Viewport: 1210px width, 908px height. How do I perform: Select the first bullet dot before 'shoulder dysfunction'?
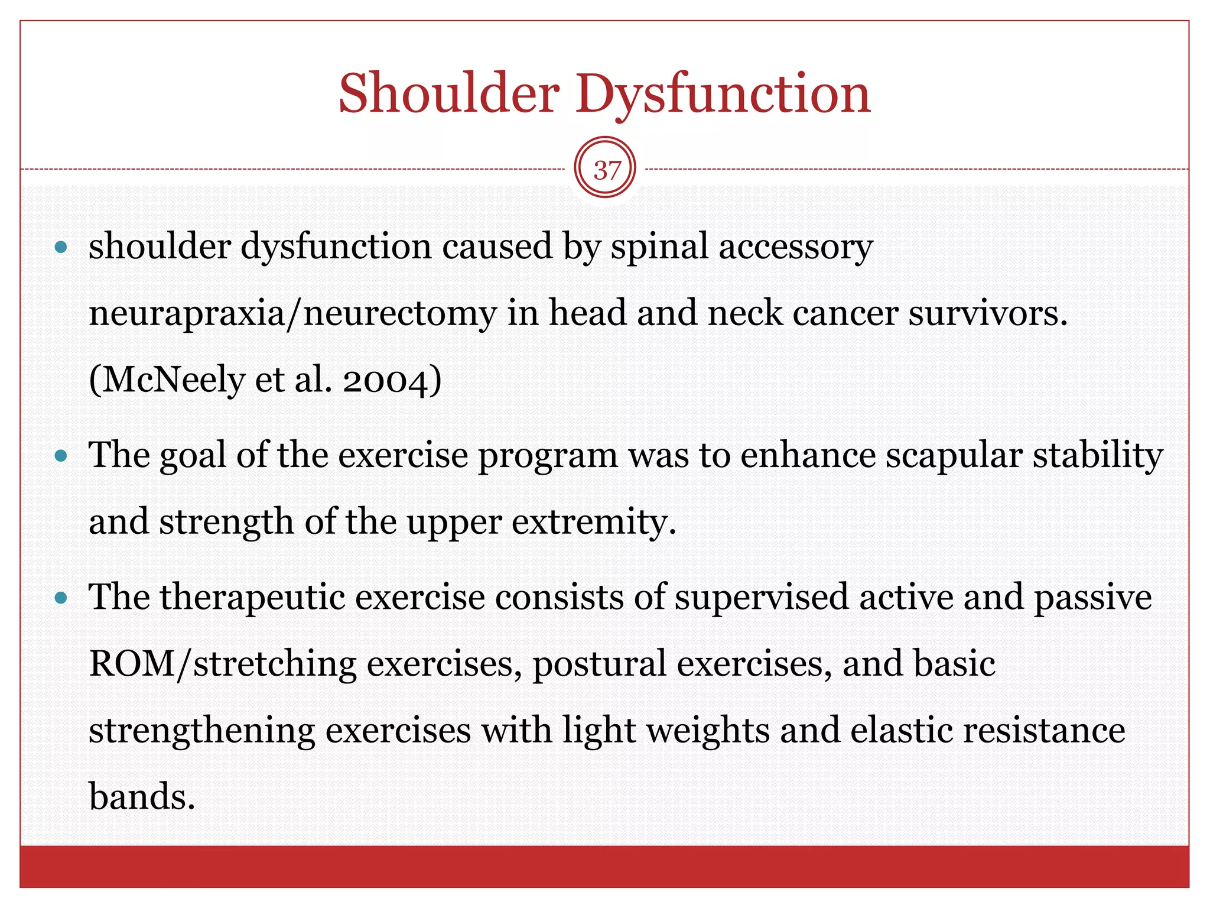pos(61,247)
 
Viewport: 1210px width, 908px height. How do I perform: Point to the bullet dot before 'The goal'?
pos(61,456)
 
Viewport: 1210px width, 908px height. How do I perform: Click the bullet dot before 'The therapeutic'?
pos(61,598)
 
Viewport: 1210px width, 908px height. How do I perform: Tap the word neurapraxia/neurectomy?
pos(292,313)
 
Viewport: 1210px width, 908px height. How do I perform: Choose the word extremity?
pos(593,523)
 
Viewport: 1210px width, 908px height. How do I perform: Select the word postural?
pos(599,664)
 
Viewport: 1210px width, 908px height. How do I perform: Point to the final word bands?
pos(142,797)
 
